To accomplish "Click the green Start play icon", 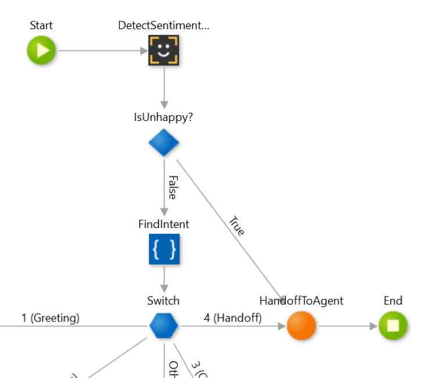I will point(41,51).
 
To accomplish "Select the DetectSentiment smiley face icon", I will point(163,50).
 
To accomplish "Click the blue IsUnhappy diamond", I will point(163,142).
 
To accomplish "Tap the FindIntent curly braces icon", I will point(164,249).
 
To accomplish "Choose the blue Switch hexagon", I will point(163,326).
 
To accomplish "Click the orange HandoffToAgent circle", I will point(301,326).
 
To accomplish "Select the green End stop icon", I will point(393,326).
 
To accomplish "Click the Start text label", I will point(41,26).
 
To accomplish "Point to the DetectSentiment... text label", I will point(163,26).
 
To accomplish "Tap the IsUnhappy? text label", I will point(163,117).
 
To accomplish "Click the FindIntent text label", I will point(163,224).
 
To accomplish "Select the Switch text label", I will point(163,301).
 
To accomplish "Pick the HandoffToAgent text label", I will point(301,301).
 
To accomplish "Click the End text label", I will point(393,301).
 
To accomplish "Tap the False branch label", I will point(172,187).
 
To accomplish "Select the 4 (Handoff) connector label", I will point(233,318).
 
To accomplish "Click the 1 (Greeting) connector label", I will point(51,318).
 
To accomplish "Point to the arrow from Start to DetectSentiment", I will point(102,51).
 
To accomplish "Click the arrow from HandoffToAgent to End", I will point(347,326).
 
